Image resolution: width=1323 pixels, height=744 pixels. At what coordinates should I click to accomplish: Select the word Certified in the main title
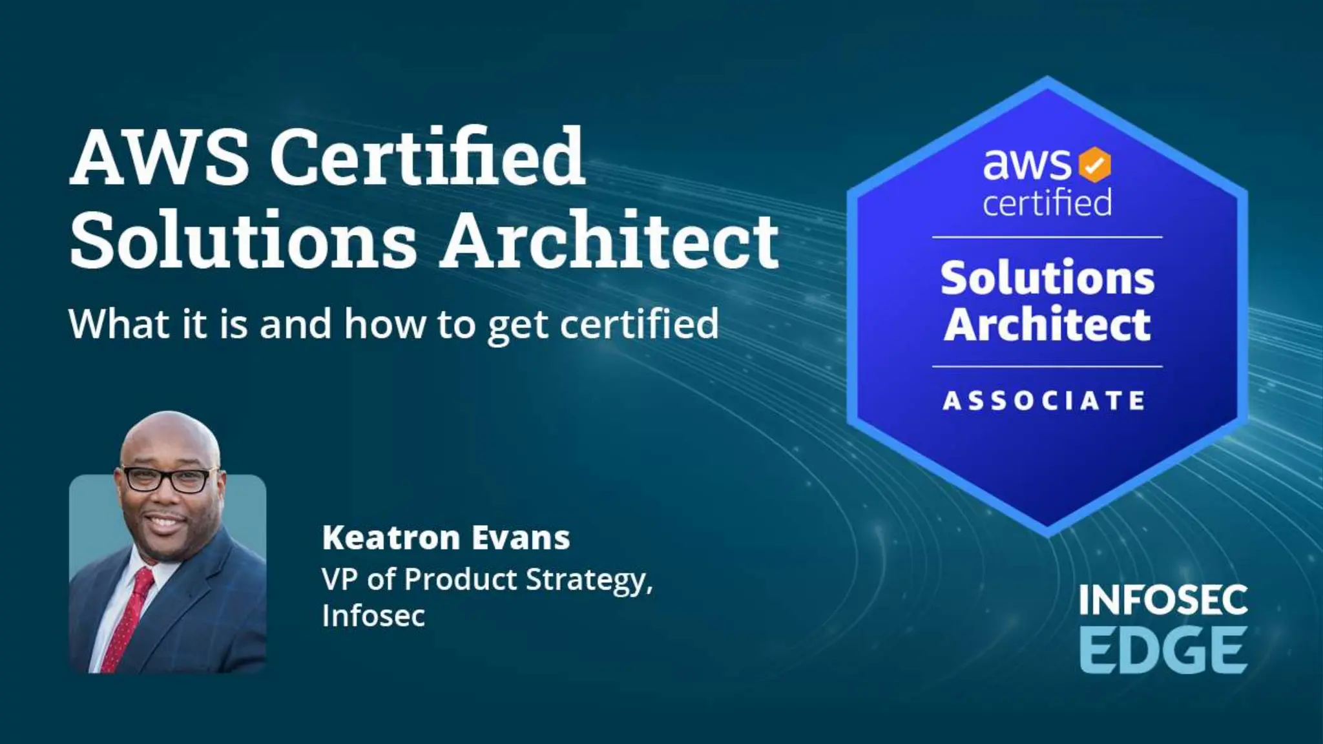(x=427, y=157)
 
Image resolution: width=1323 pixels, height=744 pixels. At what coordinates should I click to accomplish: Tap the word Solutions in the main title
(x=243, y=240)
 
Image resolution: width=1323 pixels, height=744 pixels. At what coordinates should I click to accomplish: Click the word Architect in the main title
(x=610, y=240)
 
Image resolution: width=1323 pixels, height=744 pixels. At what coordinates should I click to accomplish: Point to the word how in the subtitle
(x=385, y=324)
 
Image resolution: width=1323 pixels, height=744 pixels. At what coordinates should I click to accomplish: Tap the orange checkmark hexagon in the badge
(x=1094, y=165)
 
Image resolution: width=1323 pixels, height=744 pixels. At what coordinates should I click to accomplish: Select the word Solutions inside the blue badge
(x=1047, y=278)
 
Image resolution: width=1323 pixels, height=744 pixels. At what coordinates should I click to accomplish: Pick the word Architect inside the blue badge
(x=1047, y=324)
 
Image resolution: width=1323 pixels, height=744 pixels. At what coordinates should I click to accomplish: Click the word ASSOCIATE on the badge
(x=1045, y=400)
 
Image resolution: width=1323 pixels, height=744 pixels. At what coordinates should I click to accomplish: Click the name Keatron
(x=391, y=538)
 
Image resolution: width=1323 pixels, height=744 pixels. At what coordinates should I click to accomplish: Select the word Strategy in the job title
(x=589, y=580)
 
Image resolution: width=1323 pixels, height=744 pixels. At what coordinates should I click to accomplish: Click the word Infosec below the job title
(x=373, y=615)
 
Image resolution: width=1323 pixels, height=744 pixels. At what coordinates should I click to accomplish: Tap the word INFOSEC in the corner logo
(x=1163, y=601)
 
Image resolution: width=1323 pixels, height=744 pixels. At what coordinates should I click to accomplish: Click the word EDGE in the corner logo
(x=1163, y=651)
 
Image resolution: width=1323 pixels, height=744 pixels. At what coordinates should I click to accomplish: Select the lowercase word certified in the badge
(x=1047, y=203)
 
